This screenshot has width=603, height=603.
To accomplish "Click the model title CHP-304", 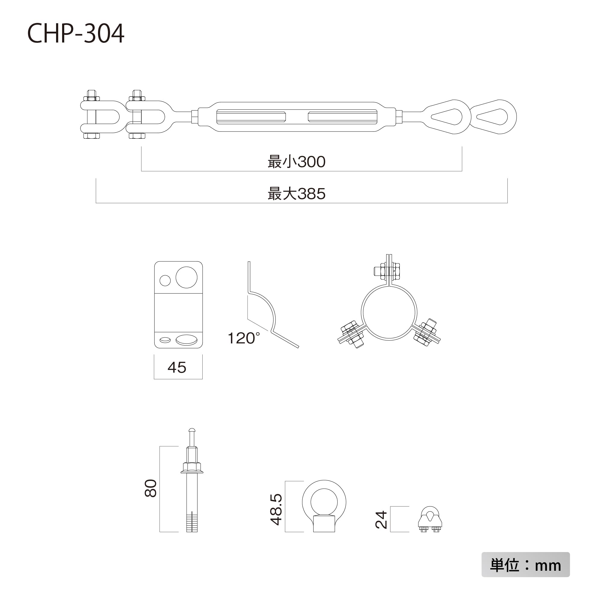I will point(76,33).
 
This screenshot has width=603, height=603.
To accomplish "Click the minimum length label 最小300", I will point(296,162).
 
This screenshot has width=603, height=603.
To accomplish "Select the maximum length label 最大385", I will point(296,194).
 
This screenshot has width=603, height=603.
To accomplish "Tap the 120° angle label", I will point(243,338).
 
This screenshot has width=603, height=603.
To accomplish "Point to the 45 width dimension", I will point(177,367).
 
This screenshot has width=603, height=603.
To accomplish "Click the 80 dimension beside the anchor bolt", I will point(151,488).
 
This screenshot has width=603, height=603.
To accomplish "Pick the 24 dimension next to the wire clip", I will point(381,520).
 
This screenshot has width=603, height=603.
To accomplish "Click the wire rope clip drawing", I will point(430,520).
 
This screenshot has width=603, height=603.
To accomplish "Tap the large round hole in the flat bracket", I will point(186,277).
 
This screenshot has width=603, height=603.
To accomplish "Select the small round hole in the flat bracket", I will point(165,281).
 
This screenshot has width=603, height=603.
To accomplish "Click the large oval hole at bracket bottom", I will point(186,339).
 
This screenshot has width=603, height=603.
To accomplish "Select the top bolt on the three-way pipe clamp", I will point(387,270).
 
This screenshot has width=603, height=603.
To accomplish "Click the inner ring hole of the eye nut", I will point(324,502).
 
